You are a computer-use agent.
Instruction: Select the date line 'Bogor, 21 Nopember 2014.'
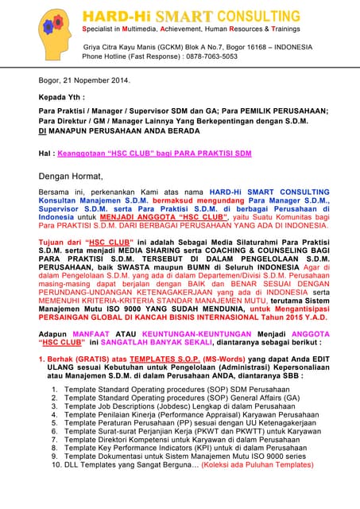84,80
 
